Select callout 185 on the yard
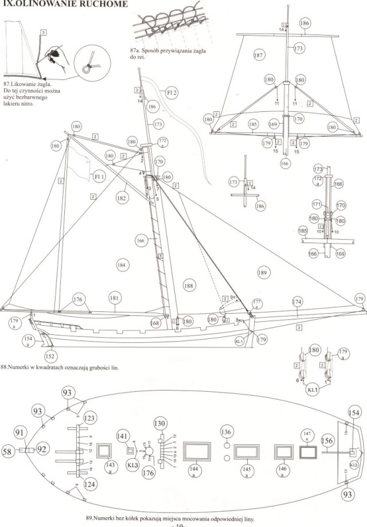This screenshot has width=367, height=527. (252, 123)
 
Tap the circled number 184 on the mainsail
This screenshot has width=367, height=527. (121, 265)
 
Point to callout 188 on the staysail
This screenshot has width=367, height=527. (189, 284)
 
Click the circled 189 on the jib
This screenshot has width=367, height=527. (263, 272)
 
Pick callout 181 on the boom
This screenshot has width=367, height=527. (115, 298)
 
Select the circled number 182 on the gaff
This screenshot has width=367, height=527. (120, 198)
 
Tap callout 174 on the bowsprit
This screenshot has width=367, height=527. (297, 302)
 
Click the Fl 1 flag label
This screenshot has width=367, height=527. (99, 178)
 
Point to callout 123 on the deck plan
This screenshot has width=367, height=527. (89, 418)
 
